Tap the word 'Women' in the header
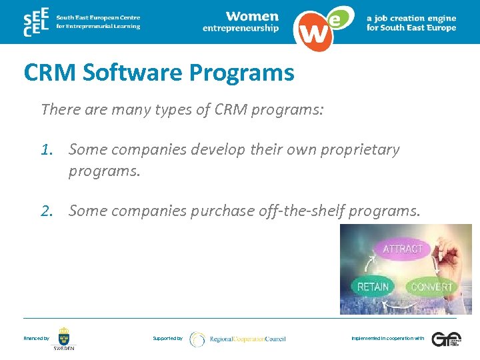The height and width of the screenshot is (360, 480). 251,16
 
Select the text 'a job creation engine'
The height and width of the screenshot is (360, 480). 411,18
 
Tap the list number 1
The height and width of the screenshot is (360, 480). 45,150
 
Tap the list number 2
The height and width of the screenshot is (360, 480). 45,211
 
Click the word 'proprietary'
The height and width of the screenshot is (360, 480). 361,150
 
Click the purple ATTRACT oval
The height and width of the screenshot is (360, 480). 403,249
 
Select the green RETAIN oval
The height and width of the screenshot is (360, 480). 373,287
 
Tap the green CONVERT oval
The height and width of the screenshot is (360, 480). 431,287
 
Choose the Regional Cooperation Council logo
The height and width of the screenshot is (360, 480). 237,339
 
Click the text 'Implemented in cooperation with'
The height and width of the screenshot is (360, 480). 387,339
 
